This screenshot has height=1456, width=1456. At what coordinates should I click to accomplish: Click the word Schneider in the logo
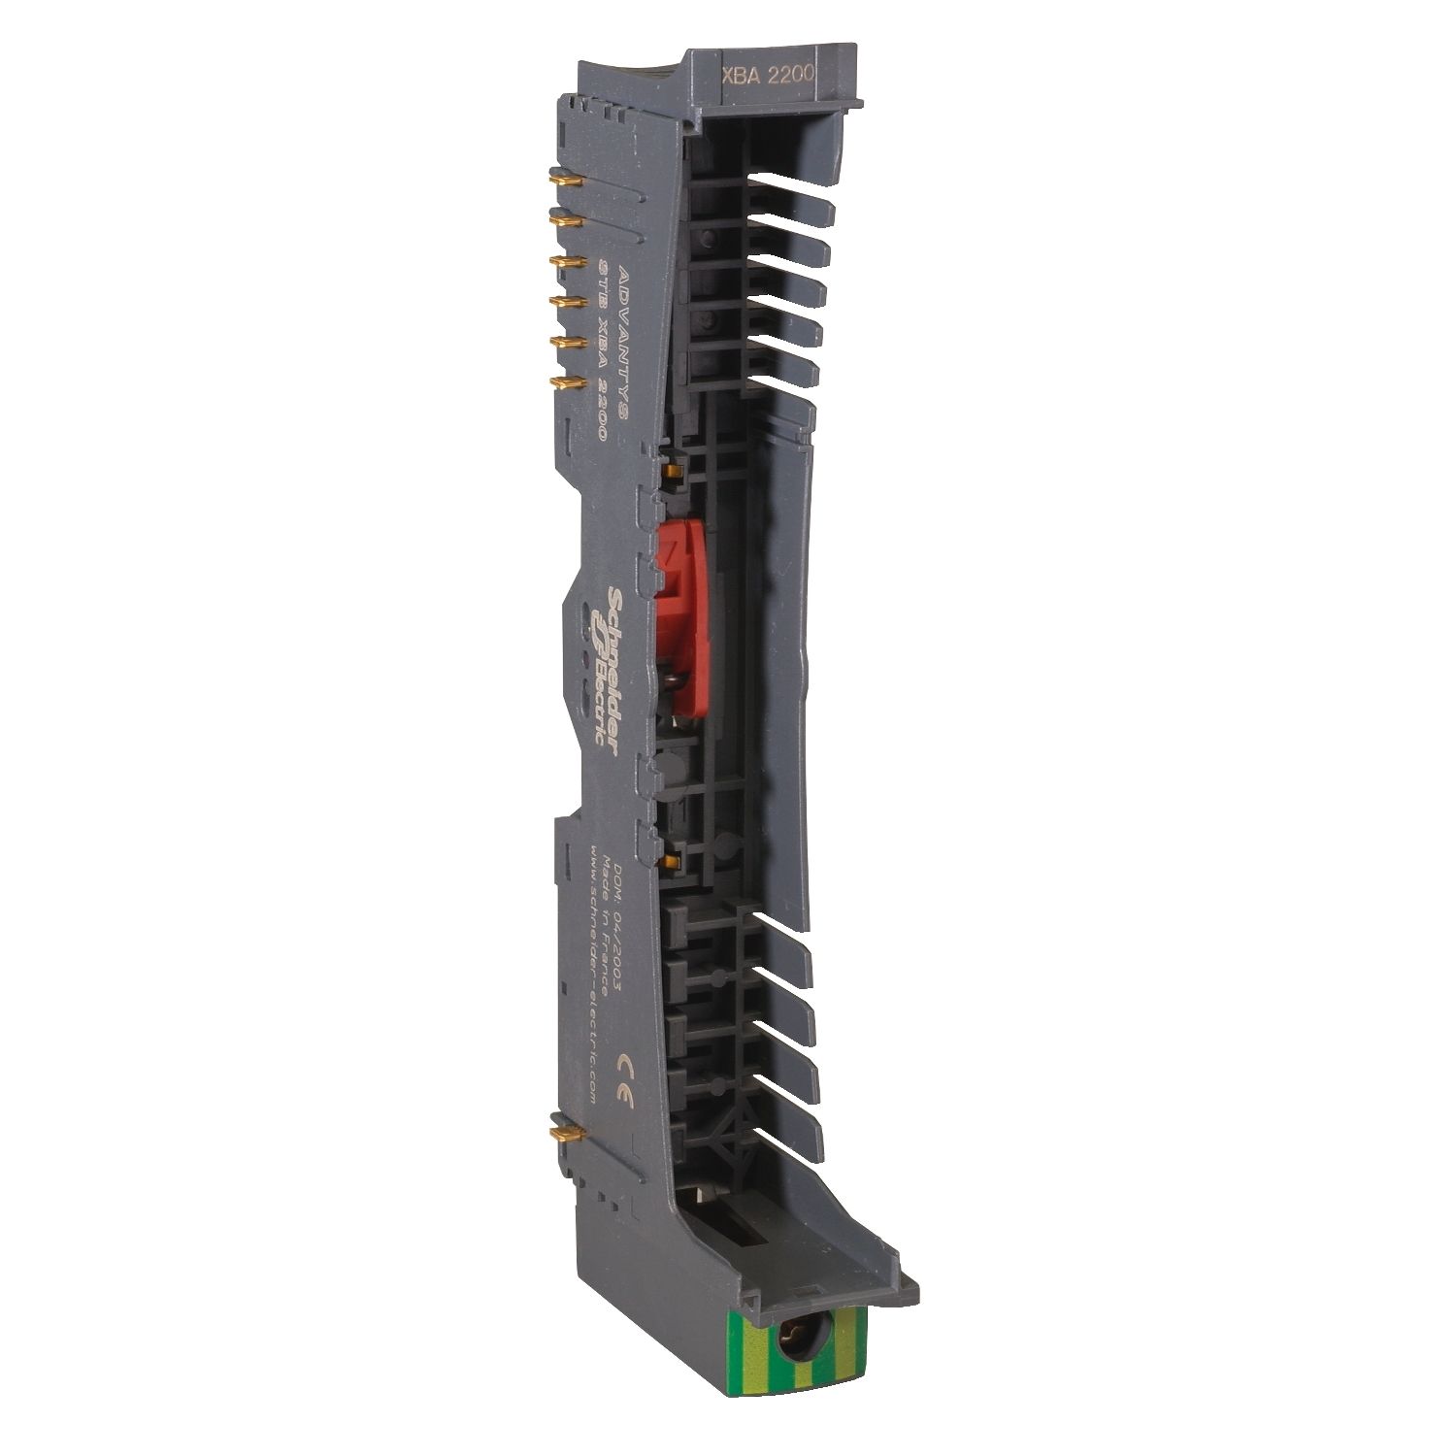point(614,661)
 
